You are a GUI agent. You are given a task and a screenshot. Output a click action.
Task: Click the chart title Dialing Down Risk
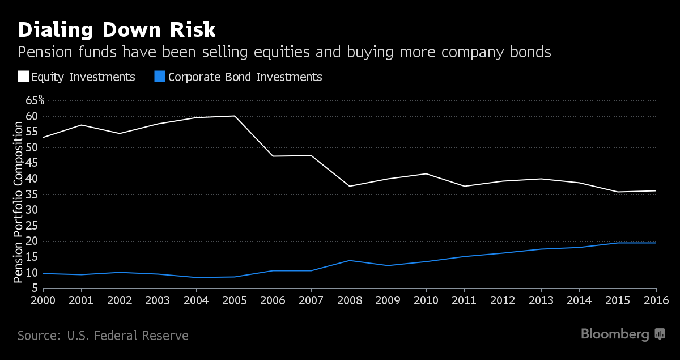[117, 29]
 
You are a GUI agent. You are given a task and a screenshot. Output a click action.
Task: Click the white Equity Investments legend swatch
[23, 77]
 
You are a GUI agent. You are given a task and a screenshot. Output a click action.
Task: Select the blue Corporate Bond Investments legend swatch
[160, 77]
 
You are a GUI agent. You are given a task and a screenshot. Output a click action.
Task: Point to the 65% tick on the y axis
[35, 100]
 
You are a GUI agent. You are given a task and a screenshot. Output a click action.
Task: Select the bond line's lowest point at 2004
[196, 277]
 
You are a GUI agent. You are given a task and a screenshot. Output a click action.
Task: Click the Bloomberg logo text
[615, 334]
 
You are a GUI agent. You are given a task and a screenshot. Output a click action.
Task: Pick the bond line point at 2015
[618, 243]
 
